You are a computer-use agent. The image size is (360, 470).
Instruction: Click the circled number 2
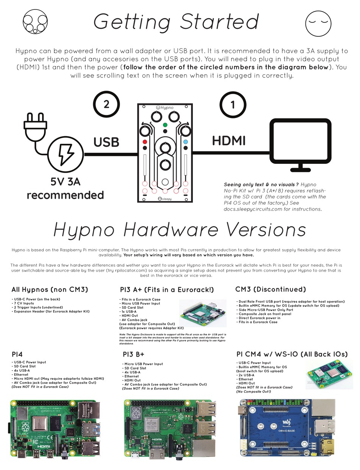coord(106,105)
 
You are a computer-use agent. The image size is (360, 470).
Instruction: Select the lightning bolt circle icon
coord(65,154)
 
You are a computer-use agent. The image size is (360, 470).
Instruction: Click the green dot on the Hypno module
coord(165,125)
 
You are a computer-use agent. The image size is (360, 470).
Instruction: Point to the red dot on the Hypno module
coord(145,142)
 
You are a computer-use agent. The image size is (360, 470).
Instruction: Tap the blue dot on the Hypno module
coord(185,142)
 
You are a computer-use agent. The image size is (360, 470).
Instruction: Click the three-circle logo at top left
coord(35,21)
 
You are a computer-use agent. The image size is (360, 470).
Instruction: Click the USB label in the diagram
coord(106,142)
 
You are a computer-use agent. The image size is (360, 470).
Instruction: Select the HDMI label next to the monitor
coord(229,141)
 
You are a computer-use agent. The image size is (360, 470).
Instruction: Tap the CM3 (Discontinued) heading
coord(271,289)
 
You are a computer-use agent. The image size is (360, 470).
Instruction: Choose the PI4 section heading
coord(17,354)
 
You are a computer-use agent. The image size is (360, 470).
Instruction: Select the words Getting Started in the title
coord(176,21)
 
